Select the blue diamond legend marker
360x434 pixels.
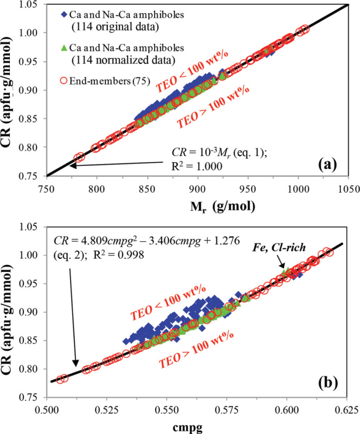coord(64,14)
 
